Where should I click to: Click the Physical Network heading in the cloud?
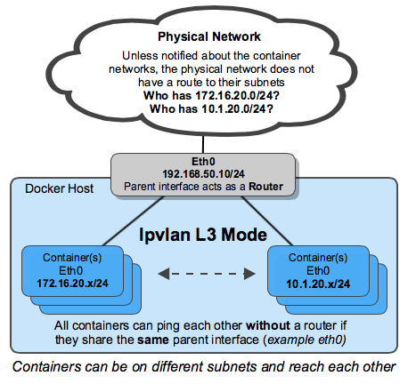click(x=209, y=37)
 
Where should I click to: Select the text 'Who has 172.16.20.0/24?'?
click(x=209, y=95)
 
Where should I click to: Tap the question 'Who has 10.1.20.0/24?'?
click(x=209, y=108)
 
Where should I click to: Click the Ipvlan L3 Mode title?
click(x=205, y=237)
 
